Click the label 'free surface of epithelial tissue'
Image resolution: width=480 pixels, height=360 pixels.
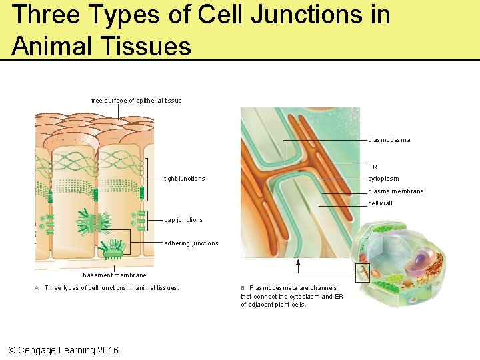136,101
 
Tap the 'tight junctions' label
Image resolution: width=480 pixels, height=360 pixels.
185,179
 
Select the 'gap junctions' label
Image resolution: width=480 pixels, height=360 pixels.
183,220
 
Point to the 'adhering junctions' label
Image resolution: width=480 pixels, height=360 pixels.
191,243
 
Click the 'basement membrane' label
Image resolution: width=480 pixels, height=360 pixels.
114,275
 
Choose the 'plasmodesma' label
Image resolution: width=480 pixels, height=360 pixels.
389,140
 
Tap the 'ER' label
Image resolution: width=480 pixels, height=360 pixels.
373,167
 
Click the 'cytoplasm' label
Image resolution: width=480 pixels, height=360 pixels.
383,179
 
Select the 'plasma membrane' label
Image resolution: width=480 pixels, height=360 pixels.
395,191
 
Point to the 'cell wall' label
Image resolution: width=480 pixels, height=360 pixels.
381,203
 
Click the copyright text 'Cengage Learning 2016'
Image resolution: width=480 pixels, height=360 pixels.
68,350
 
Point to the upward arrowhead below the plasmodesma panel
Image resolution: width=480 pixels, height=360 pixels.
299,262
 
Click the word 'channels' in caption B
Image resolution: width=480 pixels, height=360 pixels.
323,288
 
